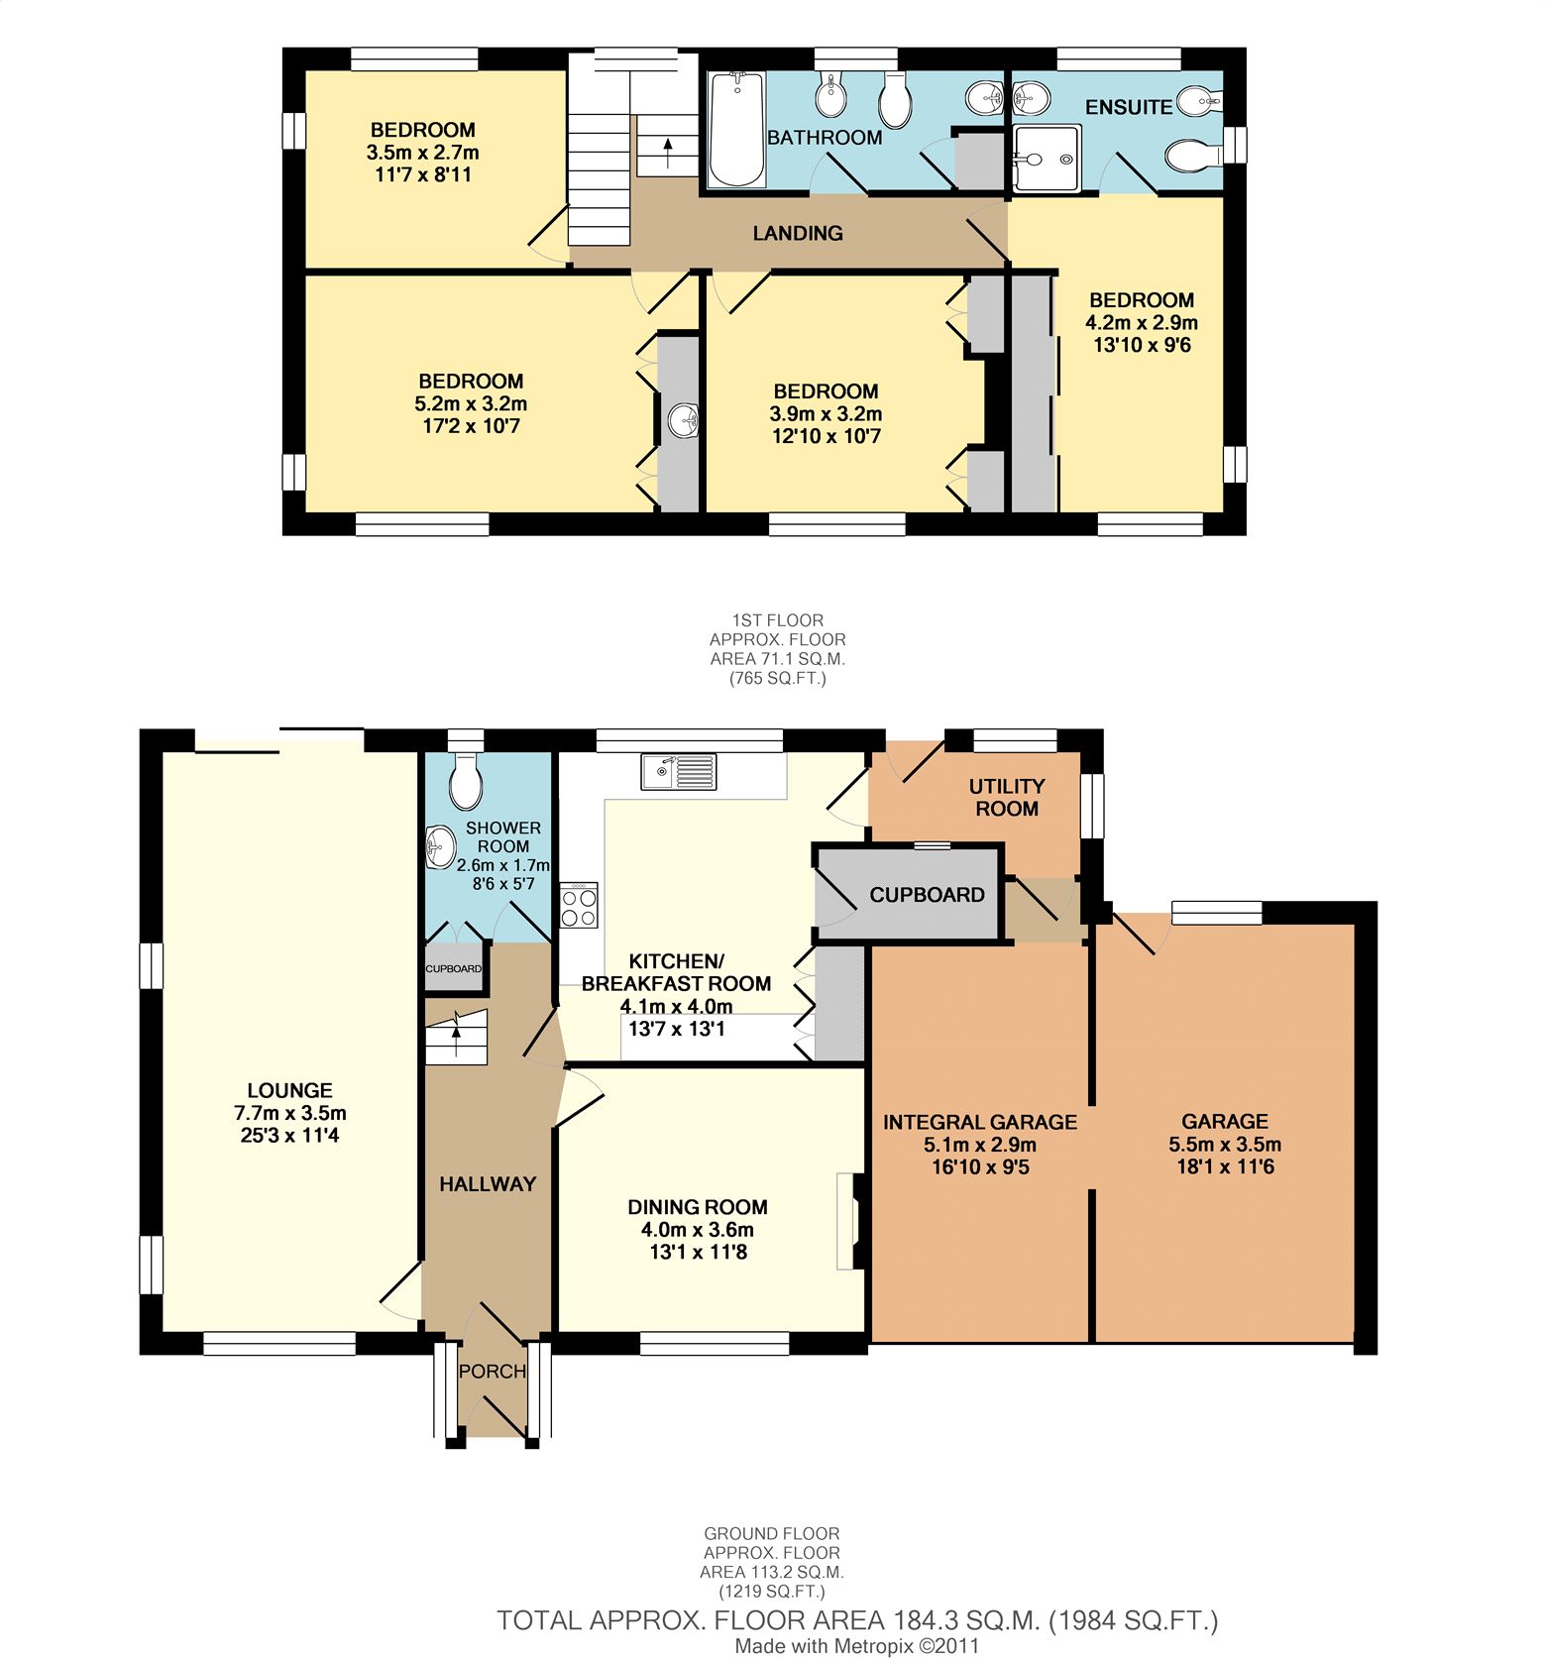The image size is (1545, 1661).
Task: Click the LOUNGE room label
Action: coord(290,1090)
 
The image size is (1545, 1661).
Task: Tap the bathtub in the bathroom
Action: coord(736,129)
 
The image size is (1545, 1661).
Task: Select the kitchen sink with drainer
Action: coord(679,772)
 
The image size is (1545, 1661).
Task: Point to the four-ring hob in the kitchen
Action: coord(579,904)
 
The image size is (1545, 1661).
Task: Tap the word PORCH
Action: coord(493,1372)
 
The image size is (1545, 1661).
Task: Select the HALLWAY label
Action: coord(488,1183)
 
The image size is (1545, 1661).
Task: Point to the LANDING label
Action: coord(798,233)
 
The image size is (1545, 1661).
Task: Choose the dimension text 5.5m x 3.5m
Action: coord(1225,1144)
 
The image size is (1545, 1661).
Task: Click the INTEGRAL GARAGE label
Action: coord(980,1122)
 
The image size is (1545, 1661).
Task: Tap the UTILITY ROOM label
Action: coord(1007,797)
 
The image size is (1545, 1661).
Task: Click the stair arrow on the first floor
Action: coord(668,152)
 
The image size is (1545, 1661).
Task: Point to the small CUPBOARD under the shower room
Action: coord(454,968)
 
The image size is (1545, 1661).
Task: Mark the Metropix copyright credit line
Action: coord(857,1646)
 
